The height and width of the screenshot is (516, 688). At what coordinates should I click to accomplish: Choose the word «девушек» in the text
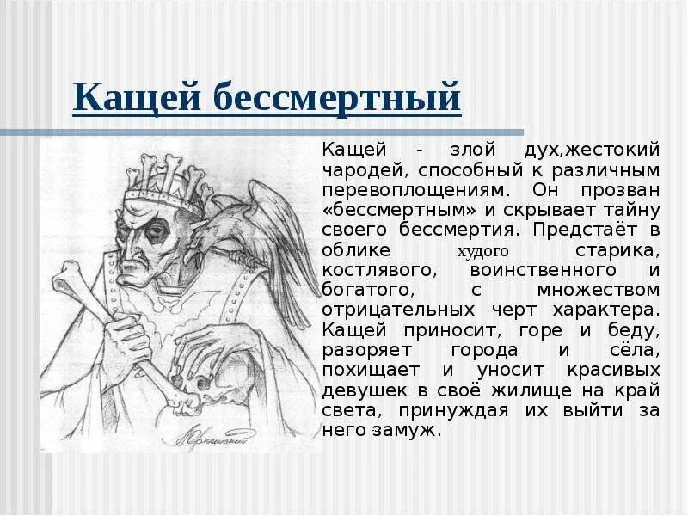coord(359,390)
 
